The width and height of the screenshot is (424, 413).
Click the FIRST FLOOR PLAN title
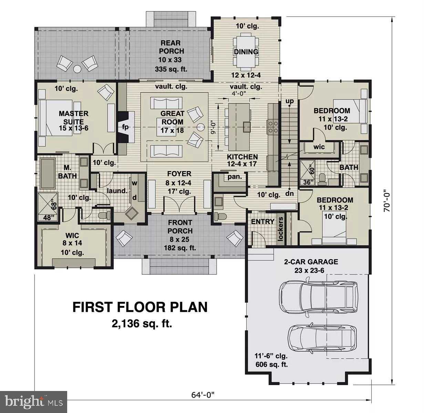click(x=140, y=307)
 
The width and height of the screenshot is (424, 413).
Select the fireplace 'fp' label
click(x=125, y=127)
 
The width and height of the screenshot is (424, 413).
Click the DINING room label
click(x=246, y=52)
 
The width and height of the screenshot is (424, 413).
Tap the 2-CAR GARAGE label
click(x=311, y=262)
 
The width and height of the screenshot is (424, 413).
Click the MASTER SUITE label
click(x=73, y=117)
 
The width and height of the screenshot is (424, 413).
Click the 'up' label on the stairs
click(x=290, y=102)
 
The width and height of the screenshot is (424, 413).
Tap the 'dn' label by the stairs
click(x=289, y=193)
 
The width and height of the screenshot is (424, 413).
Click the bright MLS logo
click(x=33, y=401)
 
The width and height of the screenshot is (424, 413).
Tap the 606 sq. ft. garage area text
click(x=271, y=364)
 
